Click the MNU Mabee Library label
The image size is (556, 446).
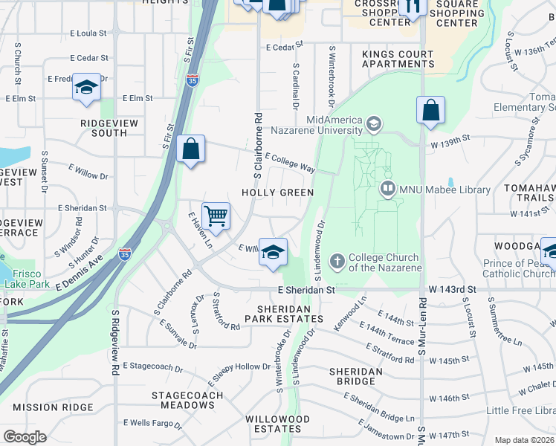point(445,190)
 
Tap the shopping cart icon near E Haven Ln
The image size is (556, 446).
point(216,216)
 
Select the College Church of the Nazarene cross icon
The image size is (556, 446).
point(337,261)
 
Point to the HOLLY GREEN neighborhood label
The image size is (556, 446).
point(277,193)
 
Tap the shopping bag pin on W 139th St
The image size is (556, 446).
point(430,111)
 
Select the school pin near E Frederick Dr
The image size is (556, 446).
point(86,88)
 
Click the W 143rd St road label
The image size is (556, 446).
point(451,289)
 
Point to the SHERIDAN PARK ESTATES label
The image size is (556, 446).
point(290,314)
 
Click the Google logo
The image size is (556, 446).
point(25,436)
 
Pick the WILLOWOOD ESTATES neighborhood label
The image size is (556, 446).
point(278,424)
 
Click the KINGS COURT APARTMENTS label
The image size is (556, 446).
point(398,59)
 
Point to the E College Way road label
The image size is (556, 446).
point(291,163)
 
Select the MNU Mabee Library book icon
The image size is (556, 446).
point(387,190)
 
